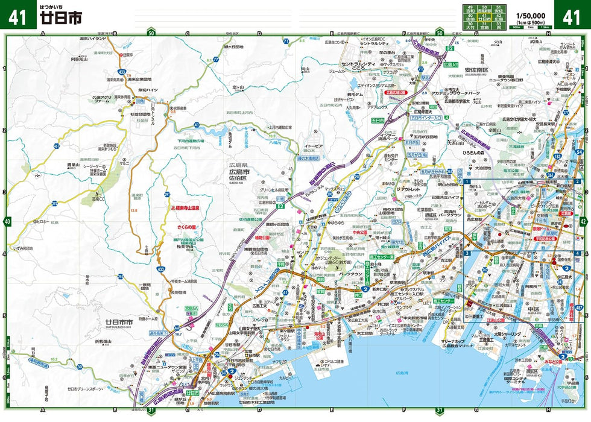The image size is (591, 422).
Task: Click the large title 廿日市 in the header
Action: coord(58,17)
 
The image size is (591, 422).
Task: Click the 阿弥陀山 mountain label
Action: coord(80,59)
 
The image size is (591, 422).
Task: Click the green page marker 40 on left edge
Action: coord(7,222)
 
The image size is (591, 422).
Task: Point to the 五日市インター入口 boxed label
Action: coord(426,119)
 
